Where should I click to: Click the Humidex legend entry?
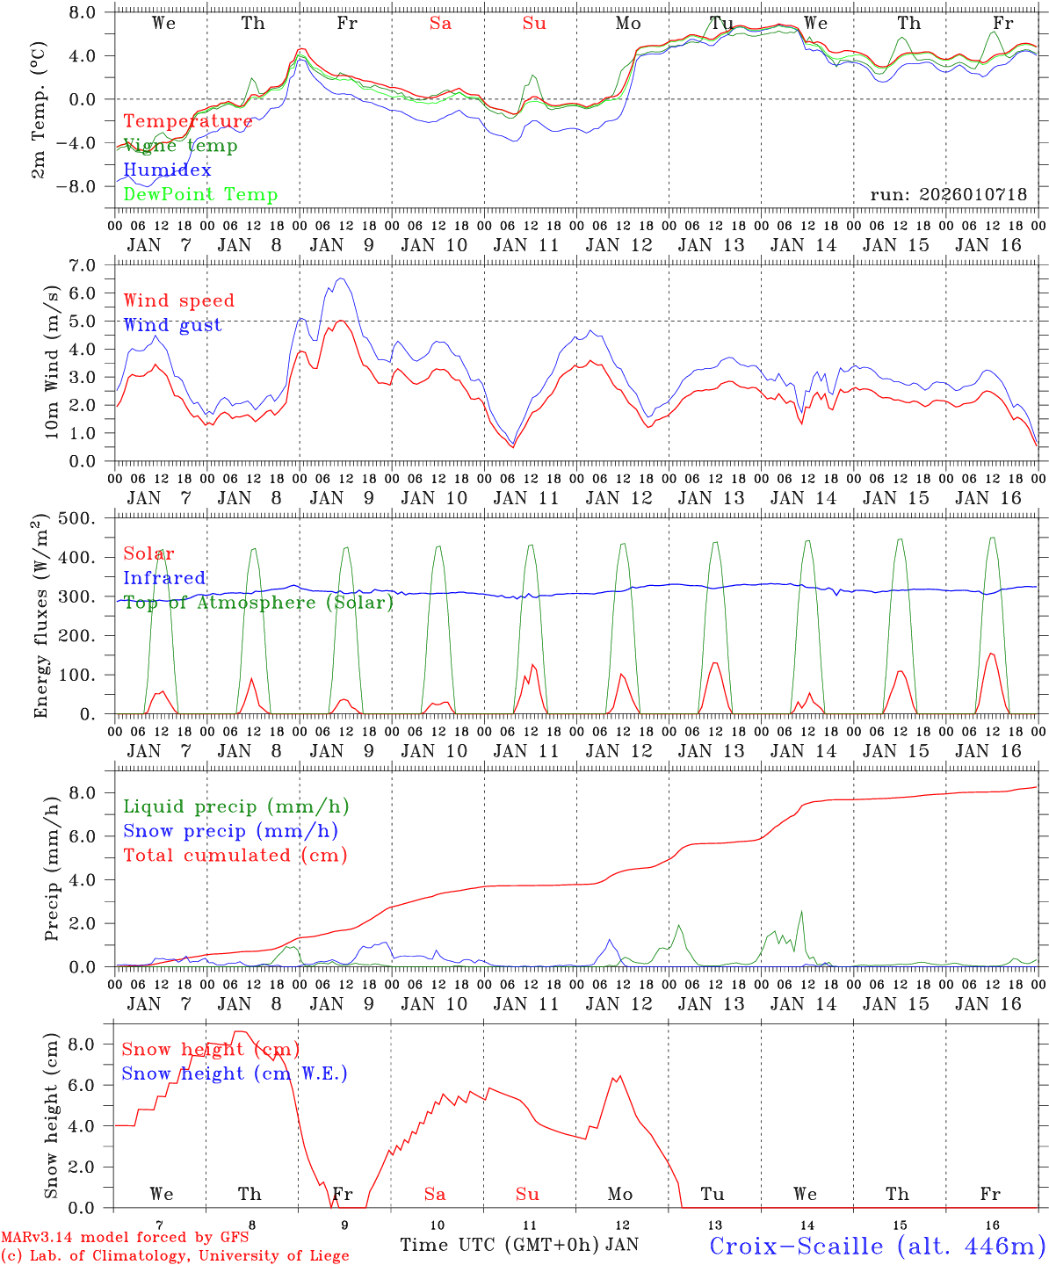[167, 170]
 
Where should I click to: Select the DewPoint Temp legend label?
[200, 194]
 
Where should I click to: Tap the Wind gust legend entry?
[172, 325]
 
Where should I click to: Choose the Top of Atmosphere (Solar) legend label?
[258, 603]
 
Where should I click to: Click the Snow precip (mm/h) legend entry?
[230, 831]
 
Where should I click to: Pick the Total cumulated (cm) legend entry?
[235, 855]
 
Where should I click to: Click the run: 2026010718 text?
[948, 194]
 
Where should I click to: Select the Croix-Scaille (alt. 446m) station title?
[877, 1246]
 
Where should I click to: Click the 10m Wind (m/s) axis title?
[53, 361]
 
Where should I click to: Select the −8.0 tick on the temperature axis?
[82, 186]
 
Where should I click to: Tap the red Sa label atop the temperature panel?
[440, 24]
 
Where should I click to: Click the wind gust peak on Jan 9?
[341, 278]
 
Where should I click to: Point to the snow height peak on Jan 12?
[620, 1076]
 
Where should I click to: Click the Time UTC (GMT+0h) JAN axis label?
[519, 1245]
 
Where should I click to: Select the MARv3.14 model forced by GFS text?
[125, 1238]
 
